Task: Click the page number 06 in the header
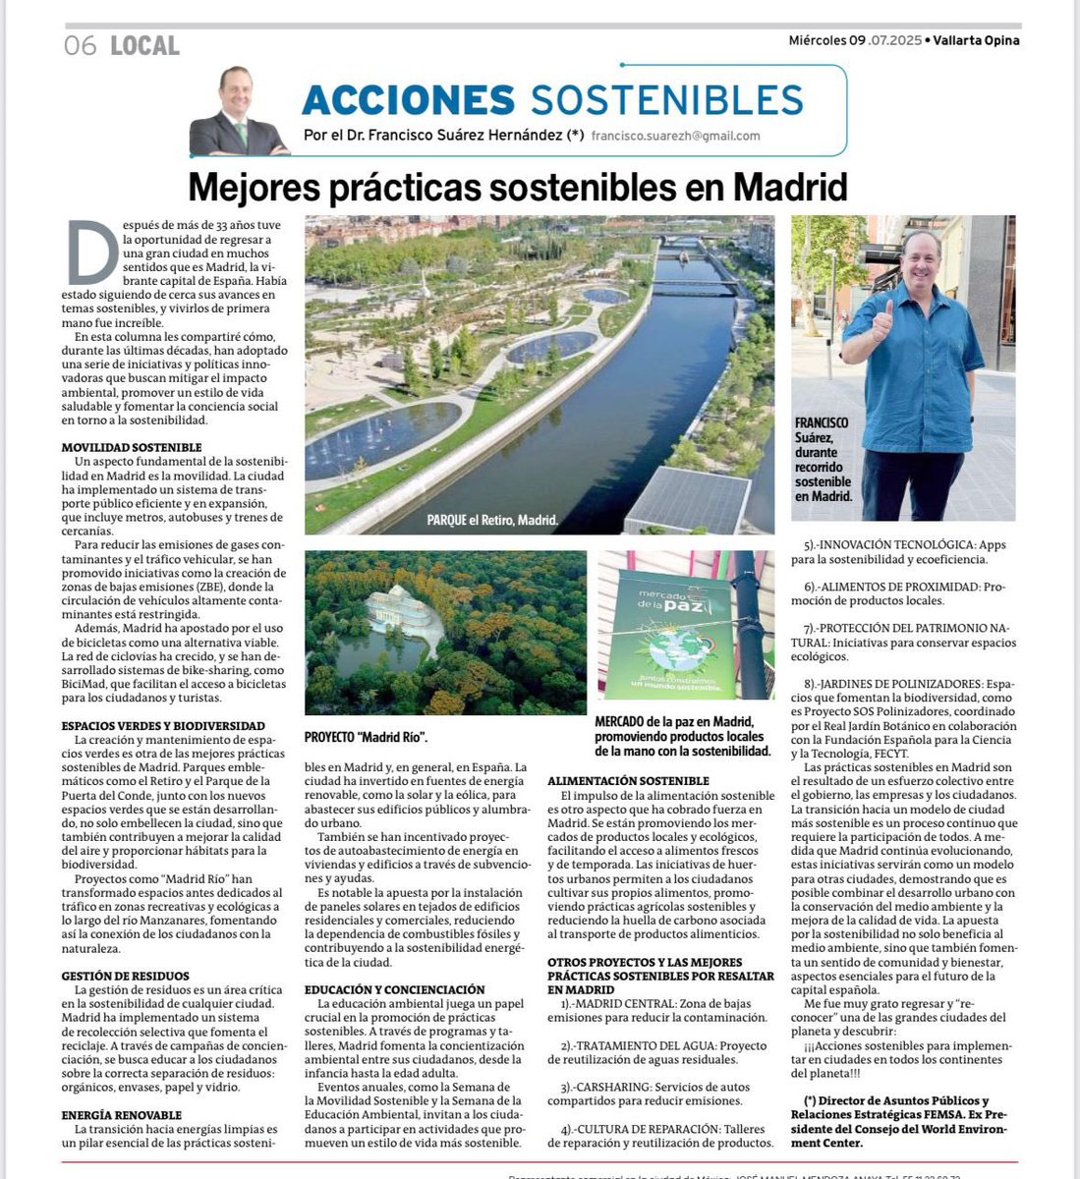click(x=80, y=45)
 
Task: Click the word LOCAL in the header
click(x=145, y=45)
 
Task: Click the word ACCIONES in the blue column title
click(x=408, y=99)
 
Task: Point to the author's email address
click(x=675, y=137)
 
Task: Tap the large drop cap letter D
click(x=85, y=254)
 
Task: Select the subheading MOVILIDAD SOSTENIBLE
click(x=131, y=447)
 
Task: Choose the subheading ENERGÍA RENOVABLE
click(x=121, y=1115)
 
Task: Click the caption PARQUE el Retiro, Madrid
click(x=492, y=520)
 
